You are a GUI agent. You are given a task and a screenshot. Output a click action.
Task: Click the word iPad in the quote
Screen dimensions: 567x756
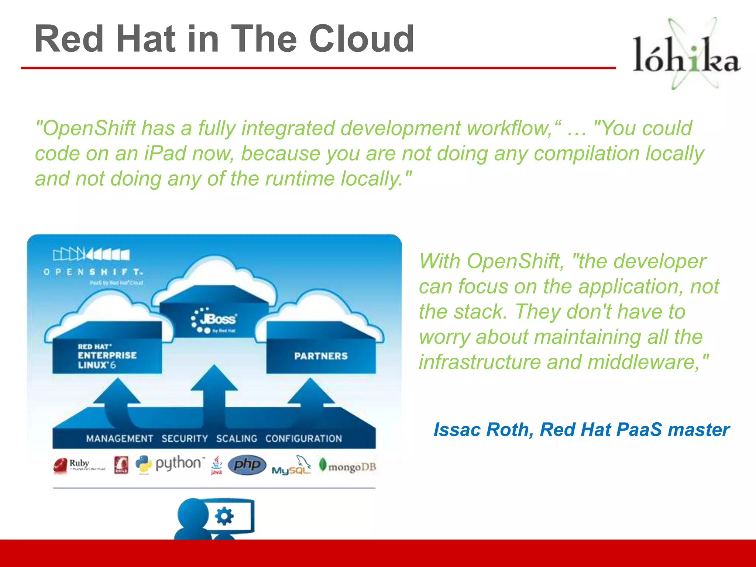(165, 154)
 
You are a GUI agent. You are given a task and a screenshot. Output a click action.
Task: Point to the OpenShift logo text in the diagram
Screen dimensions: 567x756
(93, 272)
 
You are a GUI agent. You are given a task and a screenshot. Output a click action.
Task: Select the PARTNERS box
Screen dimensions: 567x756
(321, 356)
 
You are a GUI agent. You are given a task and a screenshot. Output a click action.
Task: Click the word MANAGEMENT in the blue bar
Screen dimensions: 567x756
(119, 439)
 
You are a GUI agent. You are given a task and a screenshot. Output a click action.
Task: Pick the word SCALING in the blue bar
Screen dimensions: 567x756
(237, 439)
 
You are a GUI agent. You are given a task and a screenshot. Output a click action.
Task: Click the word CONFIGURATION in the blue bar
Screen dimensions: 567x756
(303, 439)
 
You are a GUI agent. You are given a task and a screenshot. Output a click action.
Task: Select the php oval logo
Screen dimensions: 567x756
(247, 464)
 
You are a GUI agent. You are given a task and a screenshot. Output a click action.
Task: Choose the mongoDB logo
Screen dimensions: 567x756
(347, 467)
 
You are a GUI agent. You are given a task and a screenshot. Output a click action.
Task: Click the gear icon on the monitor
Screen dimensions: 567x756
(224, 516)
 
